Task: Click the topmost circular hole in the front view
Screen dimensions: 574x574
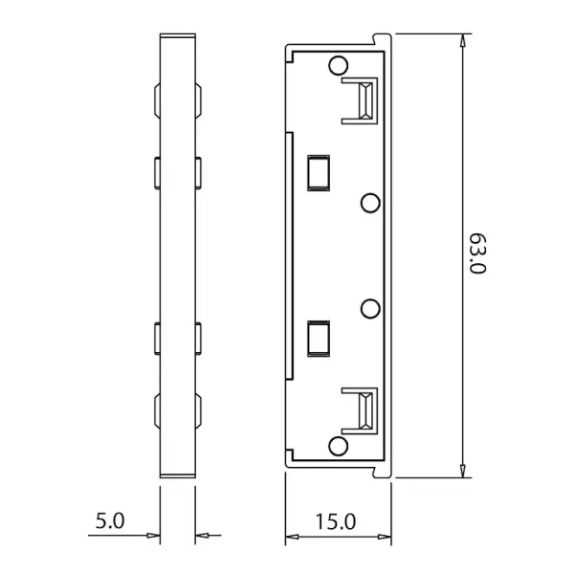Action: [x=337, y=65]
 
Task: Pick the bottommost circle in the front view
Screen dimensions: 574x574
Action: [x=337, y=448]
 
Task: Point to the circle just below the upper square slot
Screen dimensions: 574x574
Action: [x=370, y=203]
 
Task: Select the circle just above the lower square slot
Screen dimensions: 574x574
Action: [x=370, y=308]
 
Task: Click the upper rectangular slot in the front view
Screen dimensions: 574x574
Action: [x=317, y=172]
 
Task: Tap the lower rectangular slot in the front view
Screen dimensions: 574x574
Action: [x=317, y=338]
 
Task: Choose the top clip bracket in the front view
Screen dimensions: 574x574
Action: [x=362, y=99]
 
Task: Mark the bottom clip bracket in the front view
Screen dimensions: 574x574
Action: [x=362, y=410]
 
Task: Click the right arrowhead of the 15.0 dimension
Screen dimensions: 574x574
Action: [x=387, y=537]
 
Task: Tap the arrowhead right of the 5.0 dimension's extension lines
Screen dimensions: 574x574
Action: [x=202, y=537]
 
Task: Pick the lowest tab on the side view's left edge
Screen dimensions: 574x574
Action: [x=155, y=409]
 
